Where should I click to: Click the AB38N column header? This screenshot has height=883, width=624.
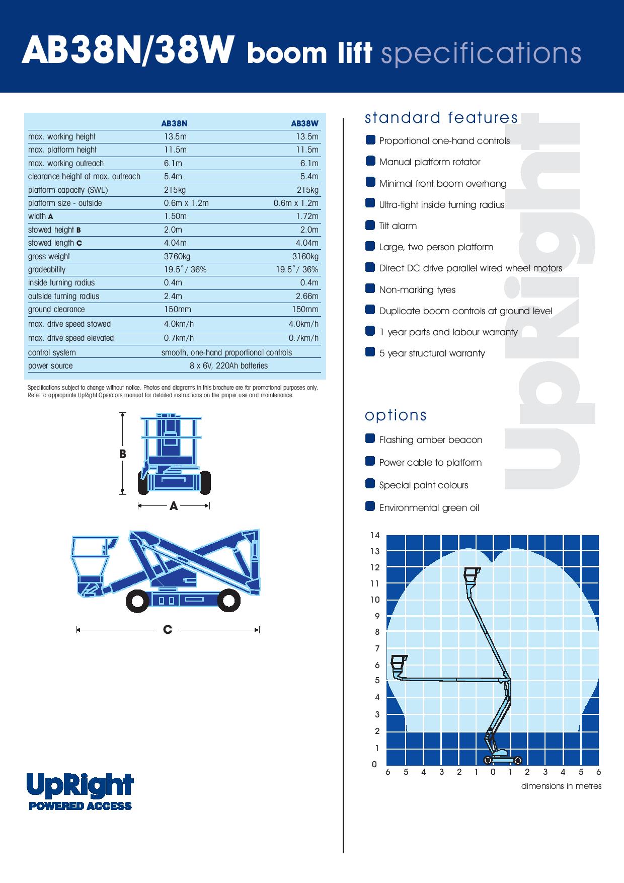tap(174, 123)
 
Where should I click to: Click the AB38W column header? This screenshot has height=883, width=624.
tap(304, 123)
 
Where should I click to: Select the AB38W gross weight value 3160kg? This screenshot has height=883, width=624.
tap(305, 256)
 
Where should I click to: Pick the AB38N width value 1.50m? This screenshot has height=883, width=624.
tap(175, 216)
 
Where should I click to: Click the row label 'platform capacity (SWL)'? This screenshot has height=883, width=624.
tap(68, 190)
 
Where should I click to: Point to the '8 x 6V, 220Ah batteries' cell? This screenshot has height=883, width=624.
tap(228, 365)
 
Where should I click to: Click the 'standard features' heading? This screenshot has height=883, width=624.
tap(441, 118)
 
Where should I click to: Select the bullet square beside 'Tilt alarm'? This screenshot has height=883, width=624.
tap(370, 225)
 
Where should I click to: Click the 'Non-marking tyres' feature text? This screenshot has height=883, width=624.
tap(417, 289)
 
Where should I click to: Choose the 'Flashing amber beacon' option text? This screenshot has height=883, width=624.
tap(430, 439)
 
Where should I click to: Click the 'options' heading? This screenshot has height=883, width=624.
tap(396, 415)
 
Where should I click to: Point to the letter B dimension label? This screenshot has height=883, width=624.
tap(122, 454)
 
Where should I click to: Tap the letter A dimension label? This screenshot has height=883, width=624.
tap(174, 506)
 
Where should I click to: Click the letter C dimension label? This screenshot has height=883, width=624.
tap(168, 629)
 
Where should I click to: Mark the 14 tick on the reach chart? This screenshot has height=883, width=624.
tap(374, 535)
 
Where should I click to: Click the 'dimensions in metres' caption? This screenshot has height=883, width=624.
tap(561, 786)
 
